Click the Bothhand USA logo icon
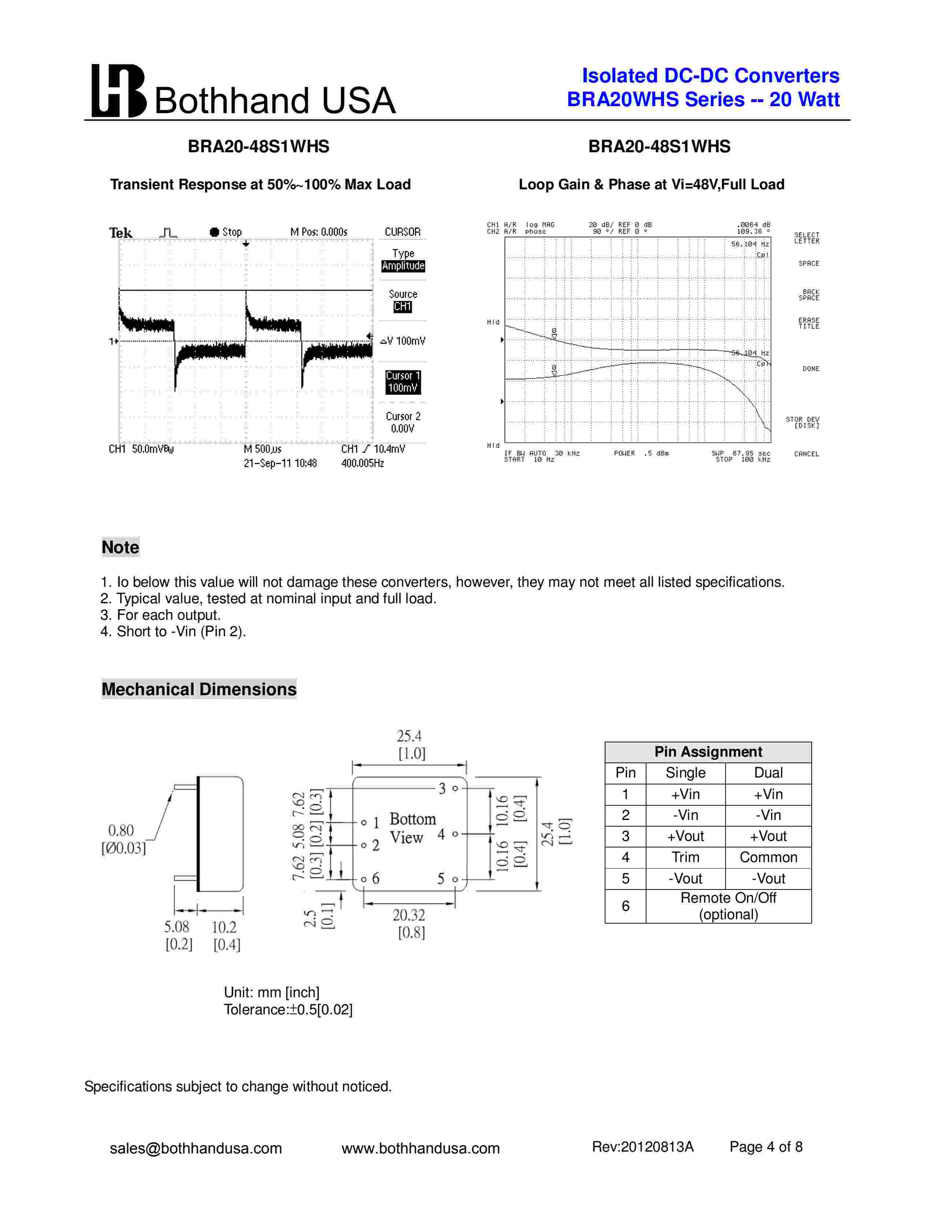pos(118,91)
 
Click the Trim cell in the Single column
pos(685,857)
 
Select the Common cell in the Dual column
pos(768,857)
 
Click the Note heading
pos(120,547)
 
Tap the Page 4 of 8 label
pos(766,1147)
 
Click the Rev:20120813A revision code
pos(642,1147)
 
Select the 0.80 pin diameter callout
pos(121,830)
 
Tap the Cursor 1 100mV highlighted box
pos(403,382)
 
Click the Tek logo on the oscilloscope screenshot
pos(121,233)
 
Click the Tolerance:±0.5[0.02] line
pos(288,1010)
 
